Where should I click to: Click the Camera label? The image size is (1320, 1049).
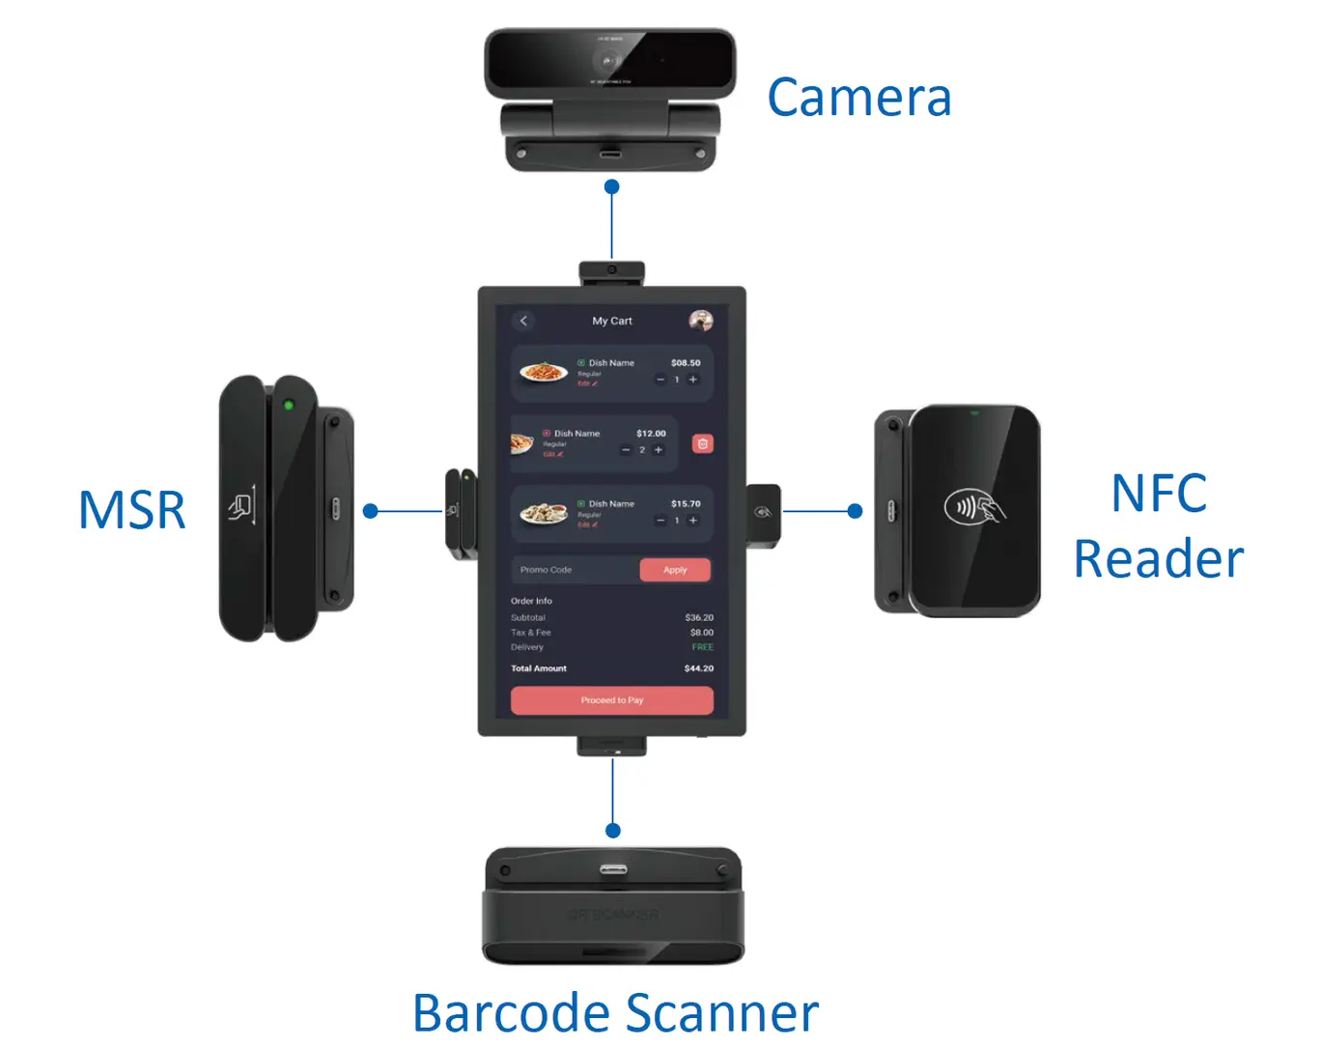point(859,98)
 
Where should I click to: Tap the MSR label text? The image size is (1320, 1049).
point(131,510)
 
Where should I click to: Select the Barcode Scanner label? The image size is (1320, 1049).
point(615,1013)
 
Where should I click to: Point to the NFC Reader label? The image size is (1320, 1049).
point(1158,526)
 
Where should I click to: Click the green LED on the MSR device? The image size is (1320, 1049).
point(288,405)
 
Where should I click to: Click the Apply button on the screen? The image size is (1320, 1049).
point(675,570)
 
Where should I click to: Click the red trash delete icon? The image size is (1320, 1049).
point(703,443)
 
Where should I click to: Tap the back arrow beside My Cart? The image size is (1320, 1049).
point(523,321)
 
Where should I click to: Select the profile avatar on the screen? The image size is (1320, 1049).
point(701,321)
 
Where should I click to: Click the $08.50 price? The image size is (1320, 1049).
point(686,363)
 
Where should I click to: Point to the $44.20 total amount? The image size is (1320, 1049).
point(699,668)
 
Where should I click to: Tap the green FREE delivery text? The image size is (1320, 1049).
point(702,647)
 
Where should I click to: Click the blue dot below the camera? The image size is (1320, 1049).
point(611,186)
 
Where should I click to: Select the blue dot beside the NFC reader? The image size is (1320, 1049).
point(855,511)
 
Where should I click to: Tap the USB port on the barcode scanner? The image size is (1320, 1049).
point(612,869)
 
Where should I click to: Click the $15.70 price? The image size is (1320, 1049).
point(686,504)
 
